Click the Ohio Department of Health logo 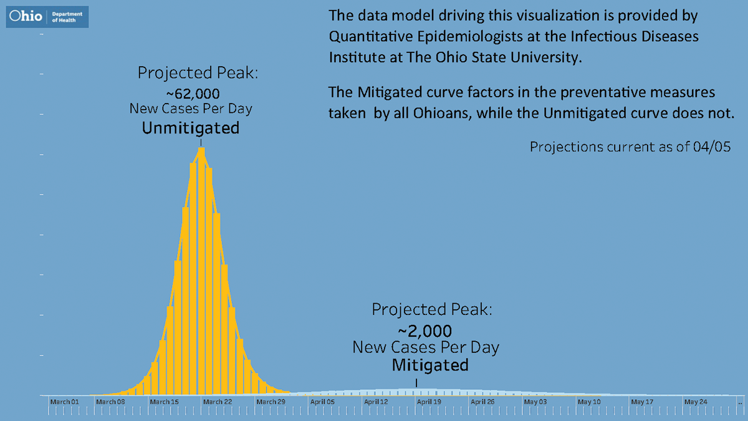pyautogui.click(x=47, y=17)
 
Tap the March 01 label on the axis pyautogui.click(x=65, y=402)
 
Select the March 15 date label pyautogui.click(x=164, y=402)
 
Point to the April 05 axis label pyautogui.click(x=322, y=402)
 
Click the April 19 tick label pyautogui.click(x=429, y=402)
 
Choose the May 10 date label pyautogui.click(x=589, y=402)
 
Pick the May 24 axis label pyautogui.click(x=696, y=402)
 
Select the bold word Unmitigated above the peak pyautogui.click(x=191, y=128)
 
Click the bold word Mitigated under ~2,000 pyautogui.click(x=430, y=365)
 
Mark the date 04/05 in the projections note pyautogui.click(x=715, y=147)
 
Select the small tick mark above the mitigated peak pyautogui.click(x=416, y=382)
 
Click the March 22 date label pyautogui.click(x=218, y=402)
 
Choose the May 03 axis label pyautogui.click(x=535, y=402)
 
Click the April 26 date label pyautogui.click(x=482, y=402)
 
